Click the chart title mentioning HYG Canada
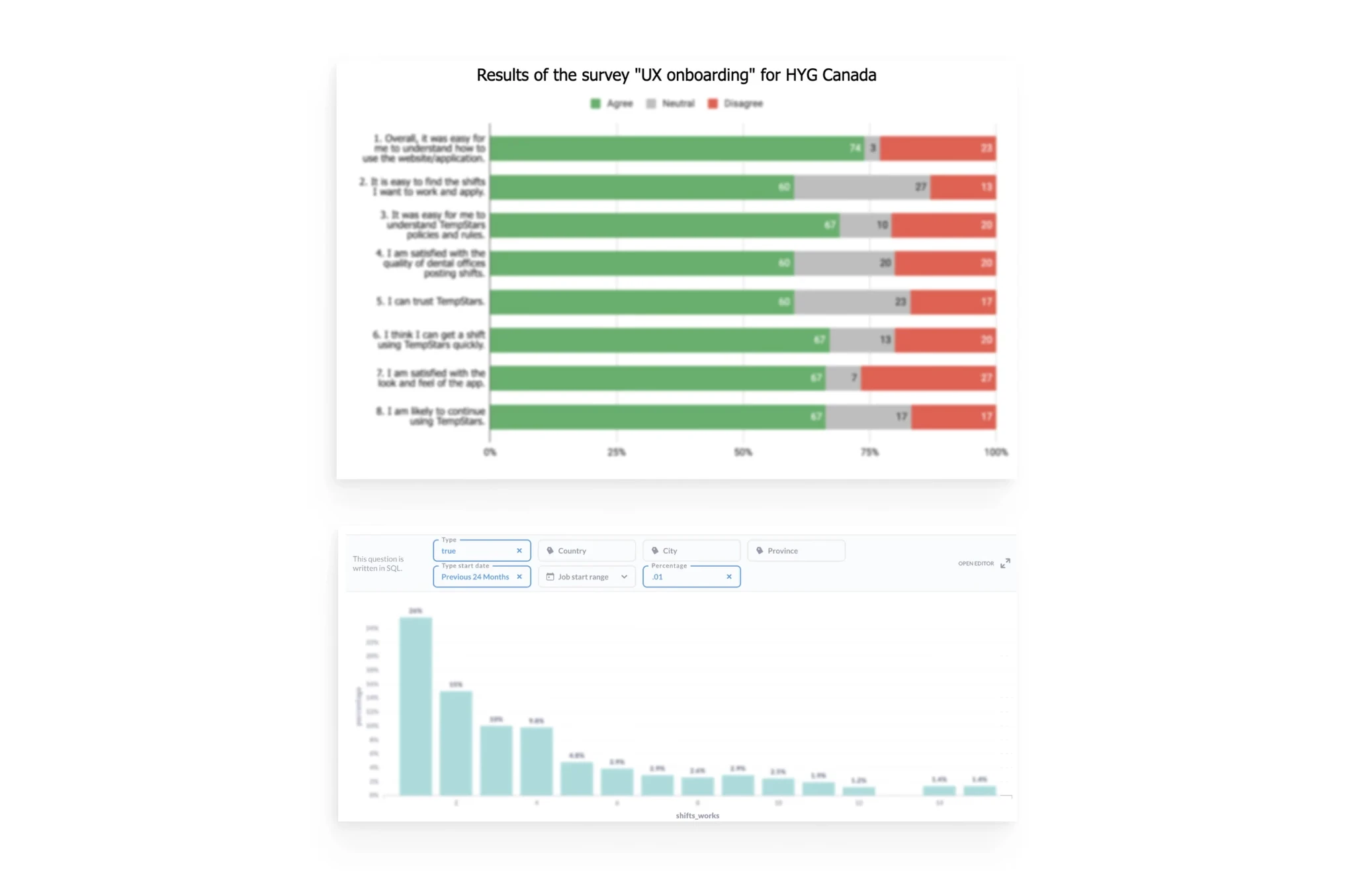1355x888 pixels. tap(676, 75)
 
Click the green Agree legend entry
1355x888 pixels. tap(611, 103)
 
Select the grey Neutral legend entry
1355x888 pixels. tap(670, 103)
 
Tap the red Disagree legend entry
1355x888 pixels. tap(735, 103)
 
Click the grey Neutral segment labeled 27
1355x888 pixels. tap(862, 187)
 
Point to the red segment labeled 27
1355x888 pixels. tap(928, 377)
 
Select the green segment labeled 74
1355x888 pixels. tap(676, 148)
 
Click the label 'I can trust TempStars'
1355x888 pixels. tap(430, 301)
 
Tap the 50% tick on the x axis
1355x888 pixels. tap(743, 452)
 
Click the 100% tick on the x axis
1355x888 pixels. tap(995, 452)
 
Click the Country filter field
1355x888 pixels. tap(586, 550)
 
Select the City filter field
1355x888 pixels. tap(691, 550)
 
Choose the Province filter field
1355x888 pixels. tap(795, 550)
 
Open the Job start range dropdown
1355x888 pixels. tap(586, 577)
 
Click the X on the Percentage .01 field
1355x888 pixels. tap(729, 577)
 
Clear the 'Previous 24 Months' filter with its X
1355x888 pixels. tap(519, 577)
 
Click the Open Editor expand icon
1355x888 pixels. tap(1005, 563)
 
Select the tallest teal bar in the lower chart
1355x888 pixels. tap(415, 706)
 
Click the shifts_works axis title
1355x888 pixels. tap(697, 815)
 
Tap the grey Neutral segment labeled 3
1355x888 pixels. tap(872, 148)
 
